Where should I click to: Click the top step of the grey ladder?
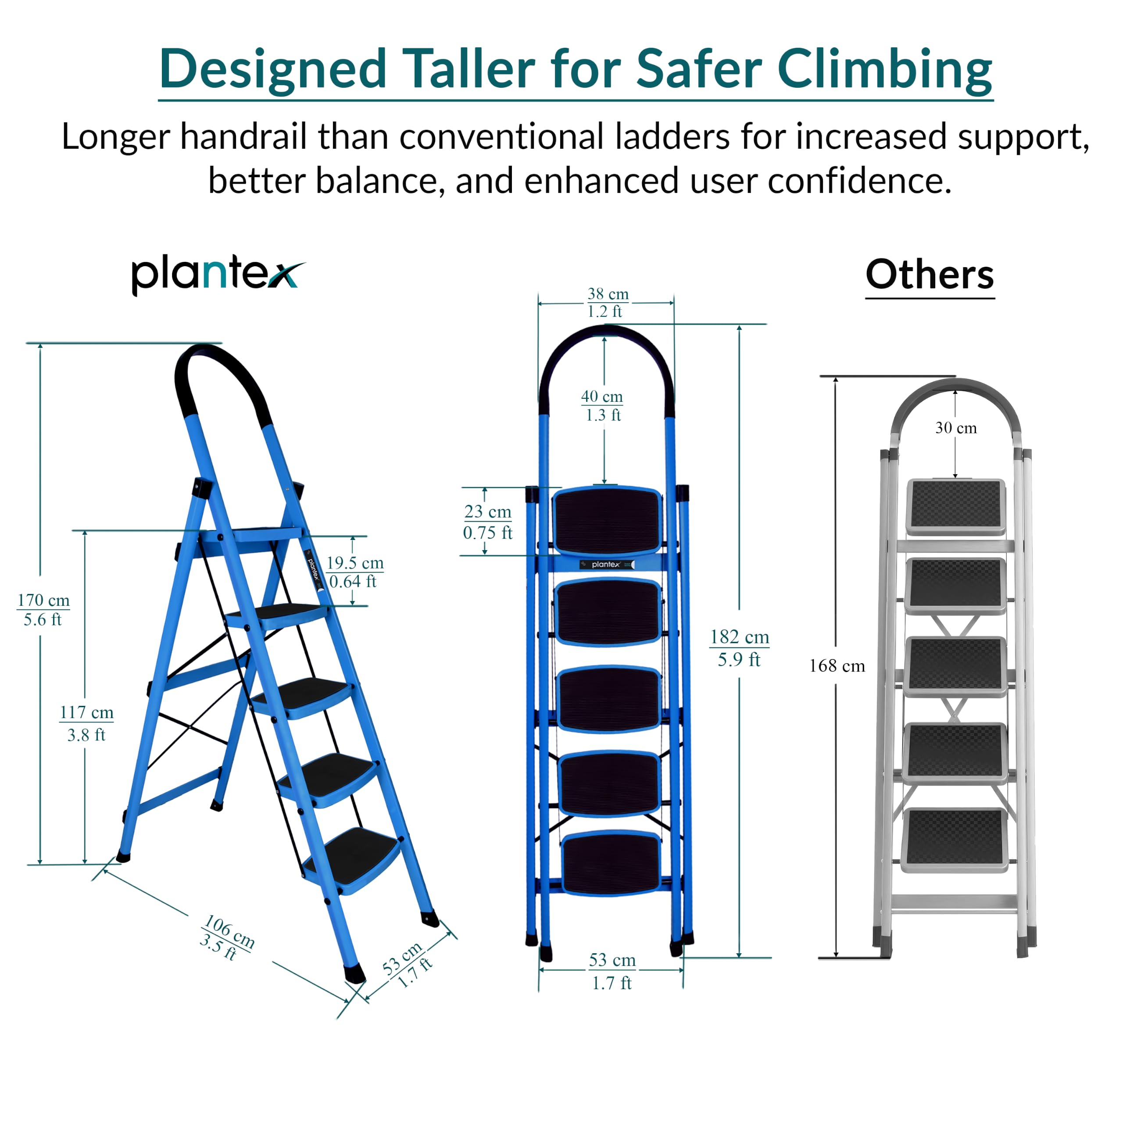tap(955, 506)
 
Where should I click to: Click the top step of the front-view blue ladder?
tap(608, 521)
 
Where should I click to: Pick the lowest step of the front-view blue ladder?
tap(612, 862)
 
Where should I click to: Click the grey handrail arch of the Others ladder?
tap(955, 386)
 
